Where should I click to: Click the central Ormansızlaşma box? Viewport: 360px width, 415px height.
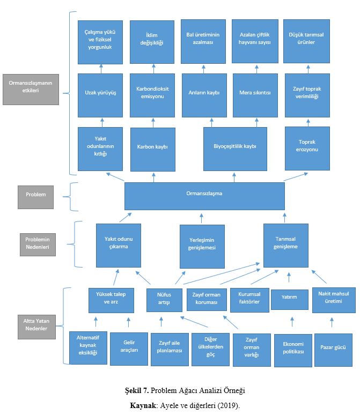[204, 196]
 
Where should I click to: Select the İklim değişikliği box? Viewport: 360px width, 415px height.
[152, 42]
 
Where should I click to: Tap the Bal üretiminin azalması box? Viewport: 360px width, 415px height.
[203, 41]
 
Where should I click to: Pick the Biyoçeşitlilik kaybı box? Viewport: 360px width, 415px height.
[235, 149]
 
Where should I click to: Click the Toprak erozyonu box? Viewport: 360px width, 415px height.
[307, 149]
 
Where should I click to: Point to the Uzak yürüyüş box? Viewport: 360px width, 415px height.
[100, 95]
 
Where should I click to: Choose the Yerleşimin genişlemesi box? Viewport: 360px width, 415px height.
[202, 247]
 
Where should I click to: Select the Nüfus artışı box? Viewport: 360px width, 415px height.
[164, 300]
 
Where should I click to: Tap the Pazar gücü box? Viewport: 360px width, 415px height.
[333, 350]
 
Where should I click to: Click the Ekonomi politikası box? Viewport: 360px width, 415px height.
[293, 351]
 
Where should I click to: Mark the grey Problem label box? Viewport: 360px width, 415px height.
[36, 197]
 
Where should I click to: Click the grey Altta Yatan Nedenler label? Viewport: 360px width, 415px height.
[37, 327]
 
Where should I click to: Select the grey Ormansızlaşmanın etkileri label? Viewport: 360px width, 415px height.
[31, 90]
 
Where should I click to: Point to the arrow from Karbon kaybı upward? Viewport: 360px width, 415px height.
[153, 123]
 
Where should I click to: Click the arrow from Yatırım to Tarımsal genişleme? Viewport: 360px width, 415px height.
[289, 277]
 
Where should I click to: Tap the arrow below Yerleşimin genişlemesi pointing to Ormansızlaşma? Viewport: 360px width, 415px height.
[202, 218]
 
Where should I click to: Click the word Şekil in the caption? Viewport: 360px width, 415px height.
[134, 390]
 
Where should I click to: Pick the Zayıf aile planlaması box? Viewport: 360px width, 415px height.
[170, 350]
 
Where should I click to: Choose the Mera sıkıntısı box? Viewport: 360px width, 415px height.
[255, 95]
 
